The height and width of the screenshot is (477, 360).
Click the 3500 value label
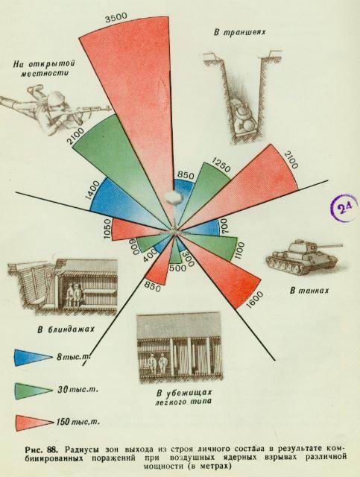tap(116, 18)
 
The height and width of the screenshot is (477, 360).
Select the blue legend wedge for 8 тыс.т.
tap(32, 357)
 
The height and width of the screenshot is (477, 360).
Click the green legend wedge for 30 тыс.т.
tap(32, 390)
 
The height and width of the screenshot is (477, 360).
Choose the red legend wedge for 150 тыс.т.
tap(34, 423)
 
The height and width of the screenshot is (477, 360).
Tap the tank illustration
tap(303, 256)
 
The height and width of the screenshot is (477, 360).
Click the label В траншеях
tap(239, 33)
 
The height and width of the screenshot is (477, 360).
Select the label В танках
tap(309, 291)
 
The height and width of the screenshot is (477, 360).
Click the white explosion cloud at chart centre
tap(172, 197)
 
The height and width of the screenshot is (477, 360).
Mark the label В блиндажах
tap(66, 329)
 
